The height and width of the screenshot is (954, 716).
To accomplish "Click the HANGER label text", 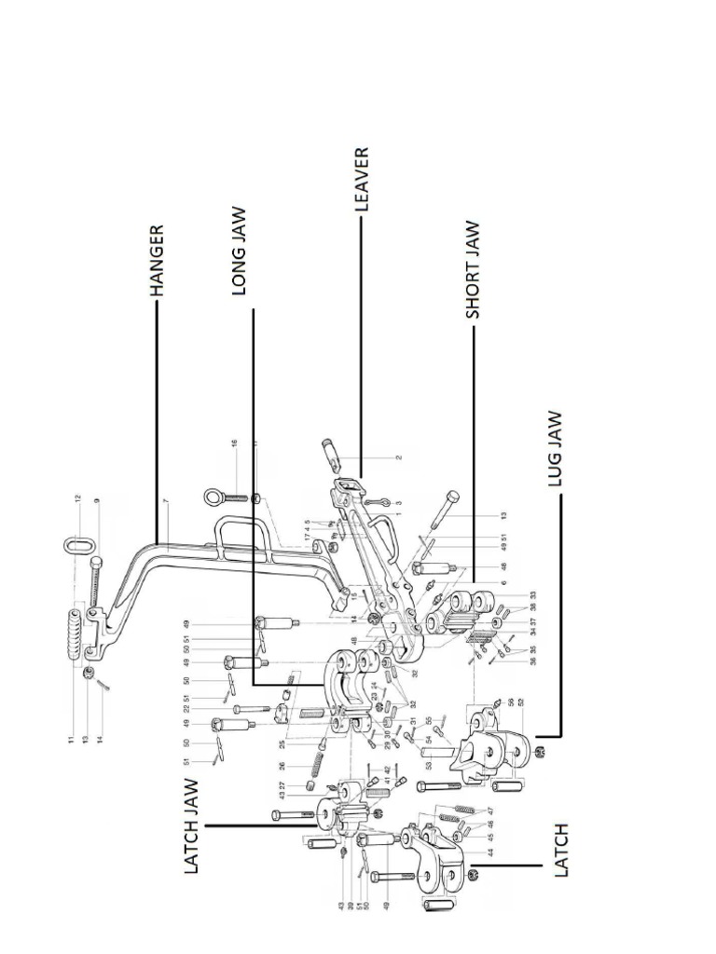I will pyautogui.click(x=158, y=260).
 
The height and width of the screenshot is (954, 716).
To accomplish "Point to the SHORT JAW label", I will pyautogui.click(x=473, y=270).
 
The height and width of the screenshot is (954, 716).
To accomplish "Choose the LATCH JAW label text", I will pyautogui.click(x=192, y=826).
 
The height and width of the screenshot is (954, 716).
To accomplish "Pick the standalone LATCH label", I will pyautogui.click(x=561, y=850).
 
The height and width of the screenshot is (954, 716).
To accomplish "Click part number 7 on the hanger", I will pyautogui.click(x=165, y=503).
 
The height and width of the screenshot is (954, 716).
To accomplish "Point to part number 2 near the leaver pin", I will pyautogui.click(x=398, y=458).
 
